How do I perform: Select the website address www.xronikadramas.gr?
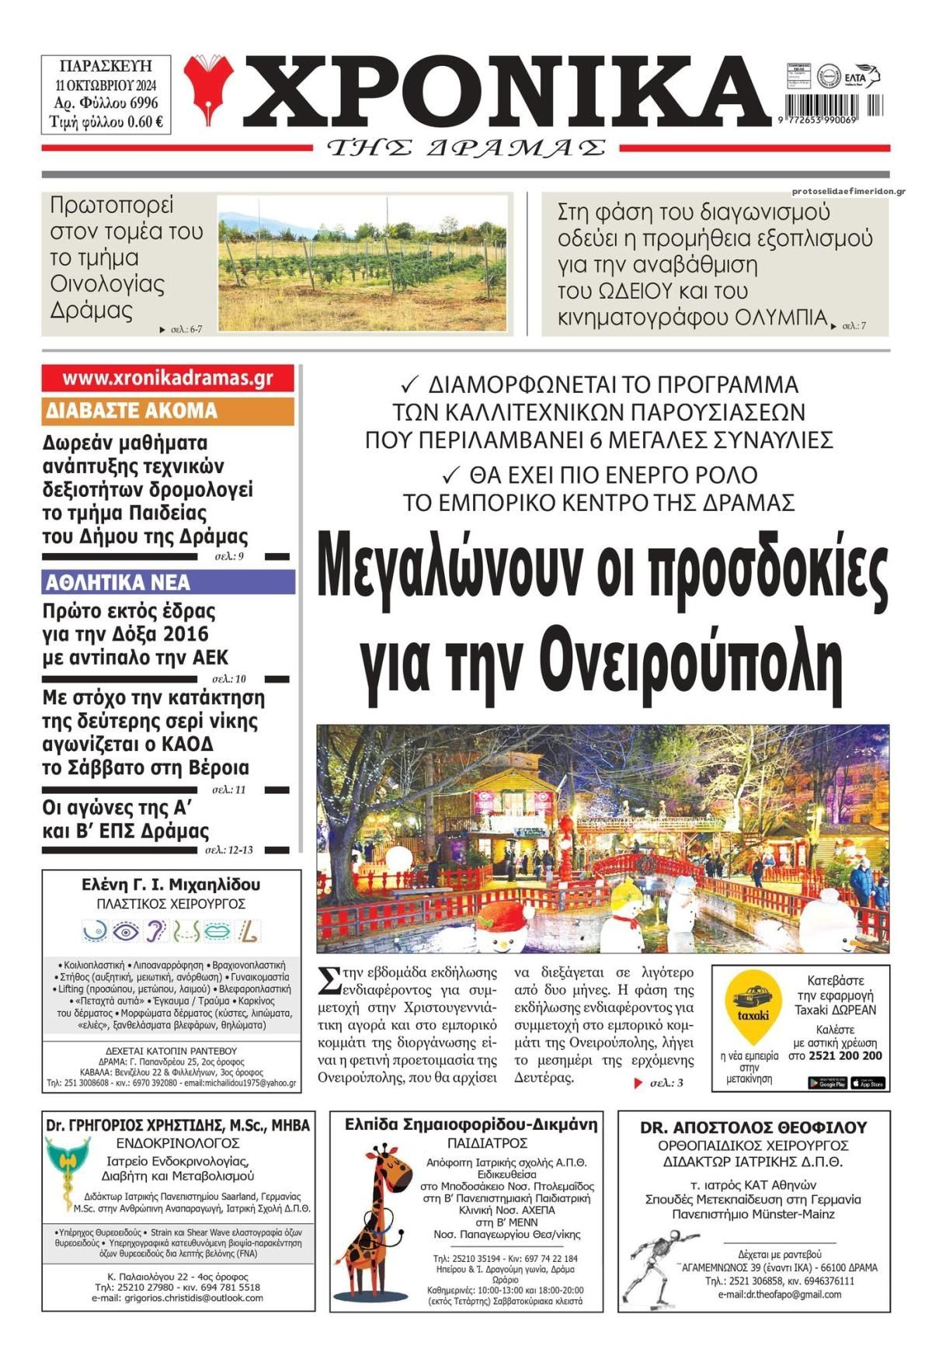(168, 378)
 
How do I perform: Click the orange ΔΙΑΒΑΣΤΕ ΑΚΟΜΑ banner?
(168, 411)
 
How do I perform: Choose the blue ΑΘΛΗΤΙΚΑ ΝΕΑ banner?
(168, 582)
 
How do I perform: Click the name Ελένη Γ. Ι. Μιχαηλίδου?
(171, 885)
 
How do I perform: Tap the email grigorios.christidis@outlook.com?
(177, 1298)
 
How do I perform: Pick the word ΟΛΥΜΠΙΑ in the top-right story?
(781, 318)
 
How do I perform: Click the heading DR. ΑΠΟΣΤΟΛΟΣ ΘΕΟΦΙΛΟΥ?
(753, 1128)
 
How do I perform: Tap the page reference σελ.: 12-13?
(228, 850)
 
